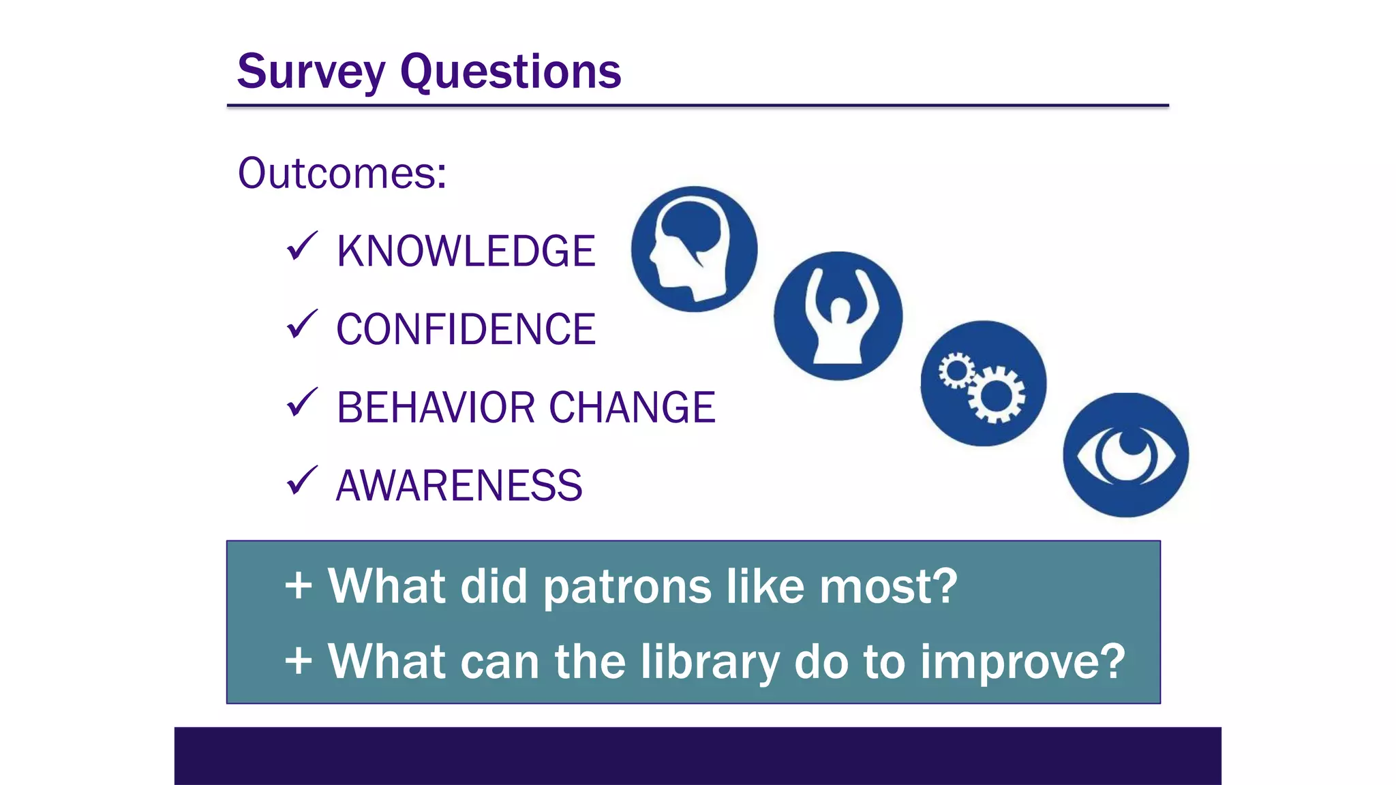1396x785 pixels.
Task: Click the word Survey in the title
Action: [311, 72]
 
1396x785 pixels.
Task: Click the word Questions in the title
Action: [511, 72]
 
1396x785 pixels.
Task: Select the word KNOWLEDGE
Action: [466, 251]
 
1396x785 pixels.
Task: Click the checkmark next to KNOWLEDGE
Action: [301, 246]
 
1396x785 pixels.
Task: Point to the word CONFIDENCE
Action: [466, 329]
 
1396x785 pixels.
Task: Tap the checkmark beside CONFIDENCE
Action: [301, 324]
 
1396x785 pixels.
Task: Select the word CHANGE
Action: [632, 407]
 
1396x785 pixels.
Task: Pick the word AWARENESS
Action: [459, 486]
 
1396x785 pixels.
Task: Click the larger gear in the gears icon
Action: [997, 395]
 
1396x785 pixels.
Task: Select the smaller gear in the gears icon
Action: [956, 371]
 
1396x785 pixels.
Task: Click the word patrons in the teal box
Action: [627, 587]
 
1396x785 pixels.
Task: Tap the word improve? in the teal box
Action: [1022, 662]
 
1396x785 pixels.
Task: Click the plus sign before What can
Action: [299, 661]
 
